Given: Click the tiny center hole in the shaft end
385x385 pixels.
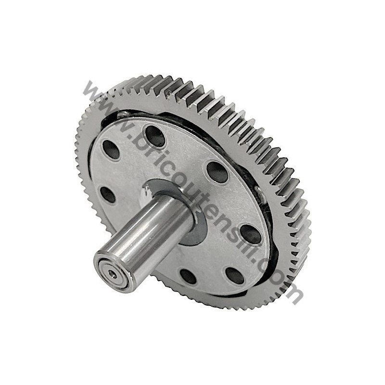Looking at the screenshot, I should point(112,273).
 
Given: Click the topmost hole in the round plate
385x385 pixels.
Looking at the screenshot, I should point(155,136).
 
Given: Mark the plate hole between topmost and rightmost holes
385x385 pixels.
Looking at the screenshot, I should point(217,172).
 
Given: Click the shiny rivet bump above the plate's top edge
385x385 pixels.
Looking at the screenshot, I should point(124,115).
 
